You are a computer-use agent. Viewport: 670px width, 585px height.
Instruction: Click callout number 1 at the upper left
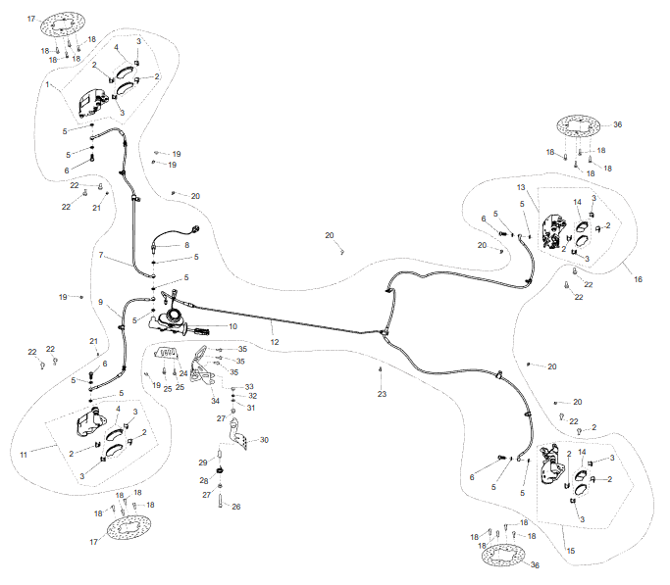pos(46,85)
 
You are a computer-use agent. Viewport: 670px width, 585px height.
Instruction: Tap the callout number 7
pos(101,255)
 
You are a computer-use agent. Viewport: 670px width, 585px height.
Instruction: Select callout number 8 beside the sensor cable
pos(186,244)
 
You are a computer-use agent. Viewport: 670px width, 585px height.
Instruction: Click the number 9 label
pos(100,303)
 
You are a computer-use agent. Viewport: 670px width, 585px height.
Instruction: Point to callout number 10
pos(232,325)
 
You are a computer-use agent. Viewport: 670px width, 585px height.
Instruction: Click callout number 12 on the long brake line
pos(275,341)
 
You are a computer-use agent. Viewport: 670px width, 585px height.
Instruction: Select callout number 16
pos(639,279)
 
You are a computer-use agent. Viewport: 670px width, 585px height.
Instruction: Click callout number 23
pos(382,393)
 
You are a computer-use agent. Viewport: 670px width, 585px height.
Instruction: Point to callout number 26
pos(235,506)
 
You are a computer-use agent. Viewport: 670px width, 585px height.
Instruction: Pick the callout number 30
pos(264,440)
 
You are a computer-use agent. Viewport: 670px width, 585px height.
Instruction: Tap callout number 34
pos(215,400)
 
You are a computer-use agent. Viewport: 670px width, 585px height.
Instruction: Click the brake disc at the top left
pos(66,24)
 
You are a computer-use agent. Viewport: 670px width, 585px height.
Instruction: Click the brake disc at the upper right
pos(577,126)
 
